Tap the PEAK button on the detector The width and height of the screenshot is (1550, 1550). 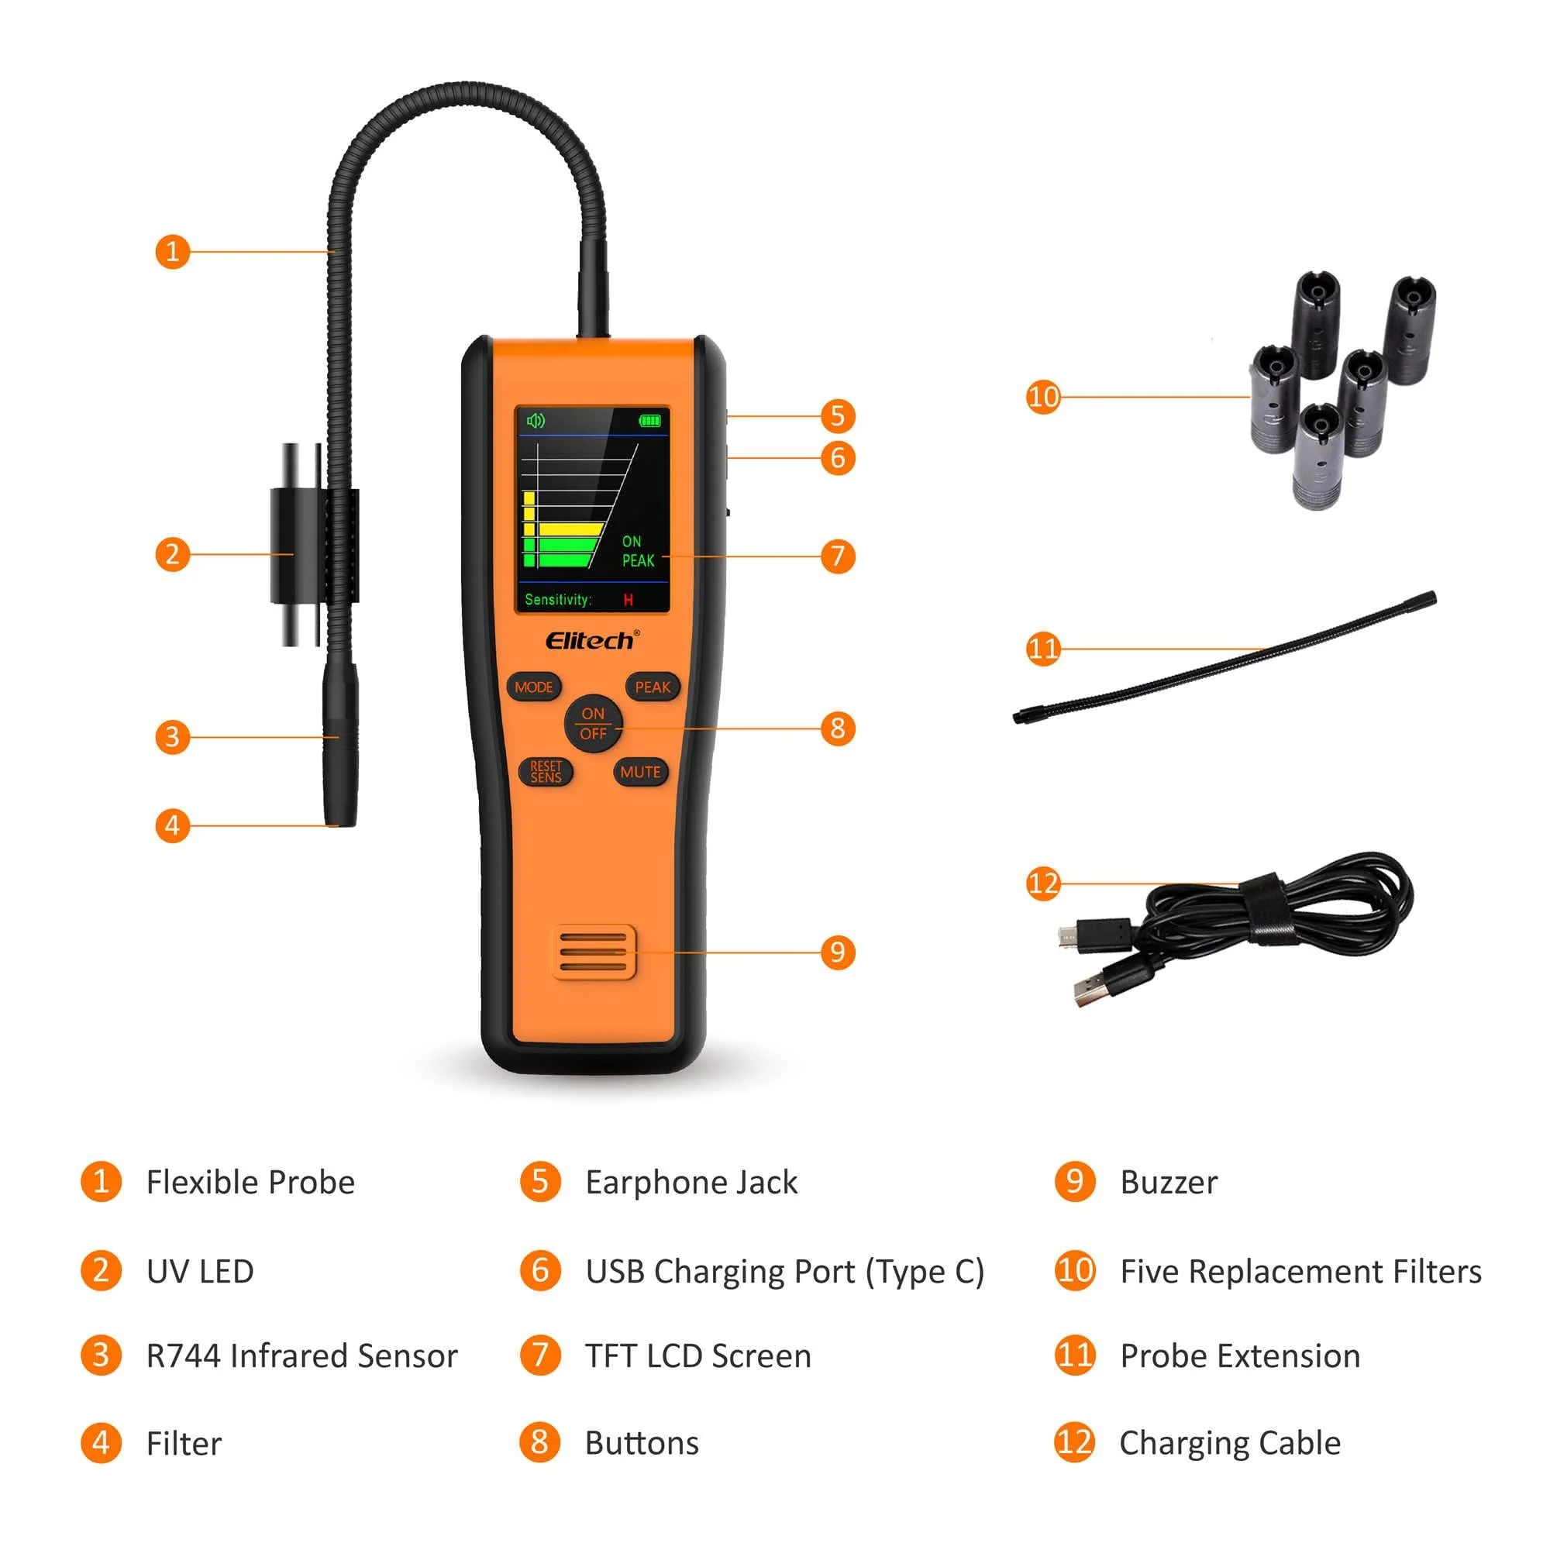coord(653,687)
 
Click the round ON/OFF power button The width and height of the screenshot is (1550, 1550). coord(593,724)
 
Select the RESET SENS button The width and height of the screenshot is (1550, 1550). coord(546,772)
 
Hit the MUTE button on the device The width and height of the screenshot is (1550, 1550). coord(640,772)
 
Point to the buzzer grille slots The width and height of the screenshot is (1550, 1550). coord(593,952)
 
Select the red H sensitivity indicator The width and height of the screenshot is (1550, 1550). coord(629,600)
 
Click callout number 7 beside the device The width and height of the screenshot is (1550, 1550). coord(838,556)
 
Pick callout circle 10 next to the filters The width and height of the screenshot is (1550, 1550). coord(1043,396)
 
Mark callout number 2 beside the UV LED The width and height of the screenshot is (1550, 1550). coord(173,554)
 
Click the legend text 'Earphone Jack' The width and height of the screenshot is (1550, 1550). coord(691,1183)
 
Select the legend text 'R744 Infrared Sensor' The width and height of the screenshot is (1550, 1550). coord(301,1355)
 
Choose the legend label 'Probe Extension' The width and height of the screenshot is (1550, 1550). coord(1240,1355)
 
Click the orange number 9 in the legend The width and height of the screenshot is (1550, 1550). coord(1075,1182)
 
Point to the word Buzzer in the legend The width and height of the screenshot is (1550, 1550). coord(1169,1183)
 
